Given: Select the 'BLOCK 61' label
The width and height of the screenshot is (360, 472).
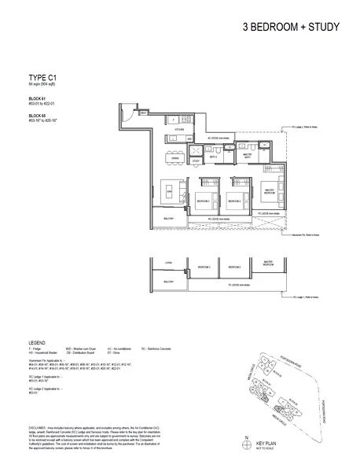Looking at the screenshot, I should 36,98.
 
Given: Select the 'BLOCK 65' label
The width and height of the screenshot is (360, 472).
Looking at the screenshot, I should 36,116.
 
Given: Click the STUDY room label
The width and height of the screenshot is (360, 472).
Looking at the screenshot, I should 196,161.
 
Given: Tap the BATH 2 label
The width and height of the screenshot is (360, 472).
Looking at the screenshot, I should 212,157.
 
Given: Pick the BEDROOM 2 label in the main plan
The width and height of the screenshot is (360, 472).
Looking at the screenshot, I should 233,201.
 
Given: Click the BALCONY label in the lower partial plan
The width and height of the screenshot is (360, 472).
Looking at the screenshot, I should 168,280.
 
